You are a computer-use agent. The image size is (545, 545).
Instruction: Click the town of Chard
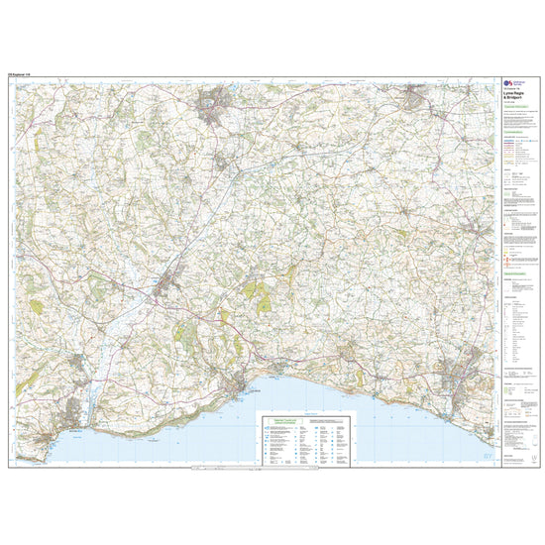click(213, 102)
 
